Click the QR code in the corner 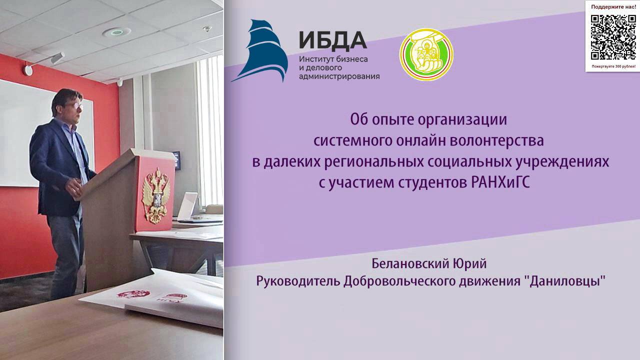pyautogui.click(x=613, y=37)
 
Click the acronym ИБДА pyautogui.click(x=332, y=40)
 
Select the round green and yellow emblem pyautogui.click(x=426, y=54)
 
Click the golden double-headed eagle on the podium pyautogui.click(x=155, y=194)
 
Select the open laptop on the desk pyautogui.click(x=187, y=206)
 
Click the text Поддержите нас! pyautogui.click(x=613, y=7)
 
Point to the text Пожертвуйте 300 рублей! pyautogui.click(x=613, y=66)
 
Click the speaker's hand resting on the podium pyautogui.click(x=74, y=187)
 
